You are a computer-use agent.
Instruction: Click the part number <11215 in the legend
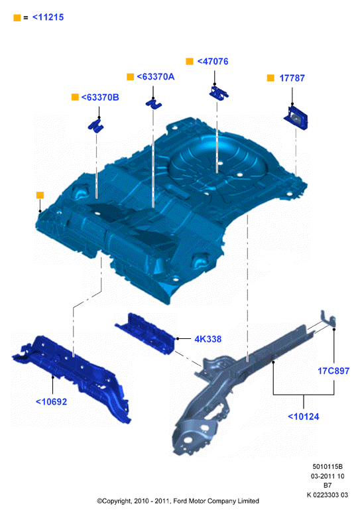[x=48, y=17]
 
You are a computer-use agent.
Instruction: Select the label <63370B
[x=100, y=97]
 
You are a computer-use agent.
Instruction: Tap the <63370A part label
[x=156, y=77]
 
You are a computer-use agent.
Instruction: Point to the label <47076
[x=213, y=61]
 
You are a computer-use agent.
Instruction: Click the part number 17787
[x=292, y=78]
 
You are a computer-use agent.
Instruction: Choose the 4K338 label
[x=208, y=339]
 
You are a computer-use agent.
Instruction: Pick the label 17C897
[x=333, y=371]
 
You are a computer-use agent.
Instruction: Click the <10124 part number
[x=304, y=417]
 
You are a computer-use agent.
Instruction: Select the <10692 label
[x=52, y=401]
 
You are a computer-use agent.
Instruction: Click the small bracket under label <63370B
[x=95, y=126]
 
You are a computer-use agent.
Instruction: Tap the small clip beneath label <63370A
[x=154, y=103]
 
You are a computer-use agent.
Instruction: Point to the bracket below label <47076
[x=219, y=93]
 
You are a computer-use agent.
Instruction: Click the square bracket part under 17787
[x=296, y=118]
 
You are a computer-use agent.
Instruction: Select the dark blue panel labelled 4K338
[x=145, y=333]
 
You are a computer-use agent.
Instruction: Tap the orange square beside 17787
[x=270, y=78]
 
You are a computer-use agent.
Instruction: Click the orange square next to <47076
[x=190, y=61]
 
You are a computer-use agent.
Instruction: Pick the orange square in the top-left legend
[x=17, y=18]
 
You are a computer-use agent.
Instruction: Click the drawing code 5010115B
[x=328, y=466]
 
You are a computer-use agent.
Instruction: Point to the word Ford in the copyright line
[x=180, y=501]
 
